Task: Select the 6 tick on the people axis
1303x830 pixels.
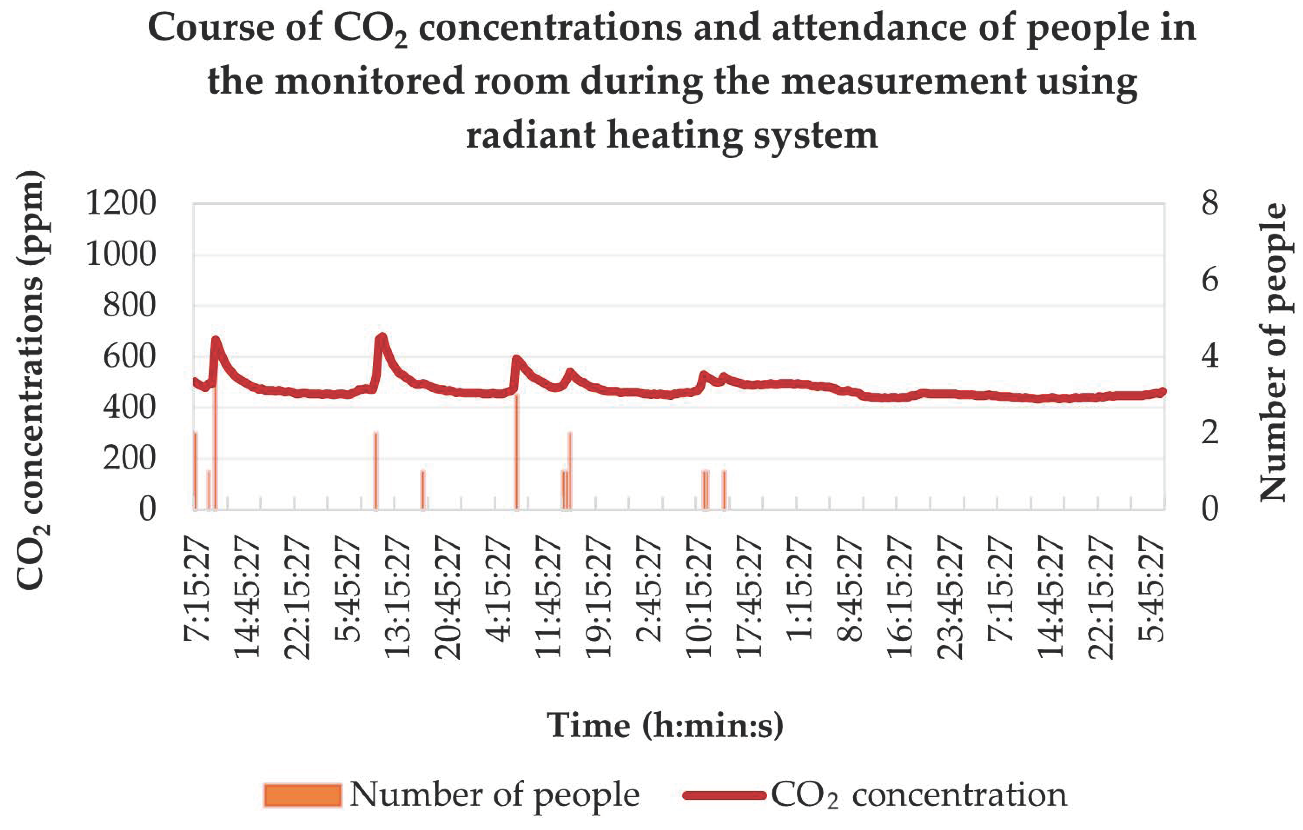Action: pos(1210,280)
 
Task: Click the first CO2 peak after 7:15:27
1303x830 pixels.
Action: pos(216,341)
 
